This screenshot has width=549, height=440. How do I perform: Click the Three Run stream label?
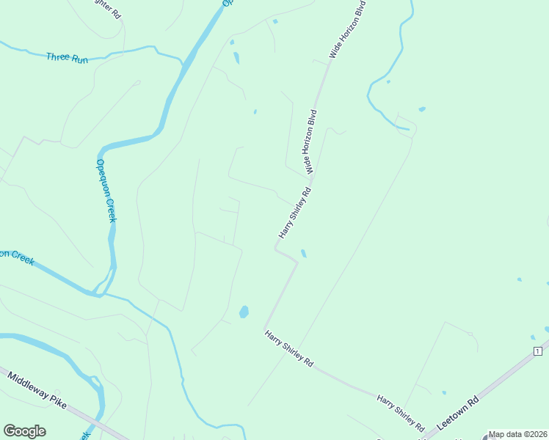67,58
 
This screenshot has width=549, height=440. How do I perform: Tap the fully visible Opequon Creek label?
107,191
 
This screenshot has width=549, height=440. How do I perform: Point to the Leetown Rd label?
457,414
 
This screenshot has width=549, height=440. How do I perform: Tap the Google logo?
24,431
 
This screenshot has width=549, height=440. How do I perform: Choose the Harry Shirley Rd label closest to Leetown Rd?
401,413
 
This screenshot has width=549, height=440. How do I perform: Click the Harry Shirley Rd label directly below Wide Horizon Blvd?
295,212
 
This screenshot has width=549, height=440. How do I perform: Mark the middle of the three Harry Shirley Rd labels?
289,348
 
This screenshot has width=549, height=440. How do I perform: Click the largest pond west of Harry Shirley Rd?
244,312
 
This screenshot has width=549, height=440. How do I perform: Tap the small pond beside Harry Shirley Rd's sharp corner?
303,254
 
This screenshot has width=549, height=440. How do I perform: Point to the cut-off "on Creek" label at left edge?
17,257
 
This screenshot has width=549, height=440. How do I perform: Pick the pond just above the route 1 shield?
533,337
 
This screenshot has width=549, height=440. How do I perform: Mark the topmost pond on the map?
275,21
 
